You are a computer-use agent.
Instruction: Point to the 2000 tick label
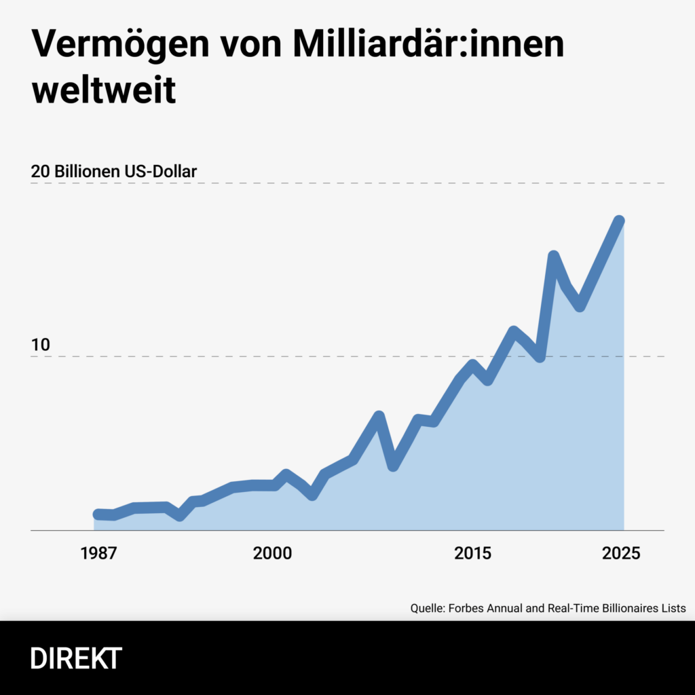(x=272, y=553)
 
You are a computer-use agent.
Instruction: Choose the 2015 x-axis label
(x=473, y=553)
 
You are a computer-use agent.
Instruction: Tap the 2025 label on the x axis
(x=620, y=553)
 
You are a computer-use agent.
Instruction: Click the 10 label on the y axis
(x=41, y=345)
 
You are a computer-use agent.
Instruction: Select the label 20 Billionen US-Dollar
(x=114, y=172)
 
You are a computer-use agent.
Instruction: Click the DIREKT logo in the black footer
(x=76, y=658)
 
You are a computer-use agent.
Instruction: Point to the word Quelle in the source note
(x=427, y=608)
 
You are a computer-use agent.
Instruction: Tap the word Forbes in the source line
(x=465, y=608)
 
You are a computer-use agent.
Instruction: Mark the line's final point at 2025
(x=619, y=221)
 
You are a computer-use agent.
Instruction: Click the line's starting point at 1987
(x=98, y=514)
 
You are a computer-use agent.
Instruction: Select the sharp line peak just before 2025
(x=553, y=256)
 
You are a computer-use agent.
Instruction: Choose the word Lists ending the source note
(x=673, y=608)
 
